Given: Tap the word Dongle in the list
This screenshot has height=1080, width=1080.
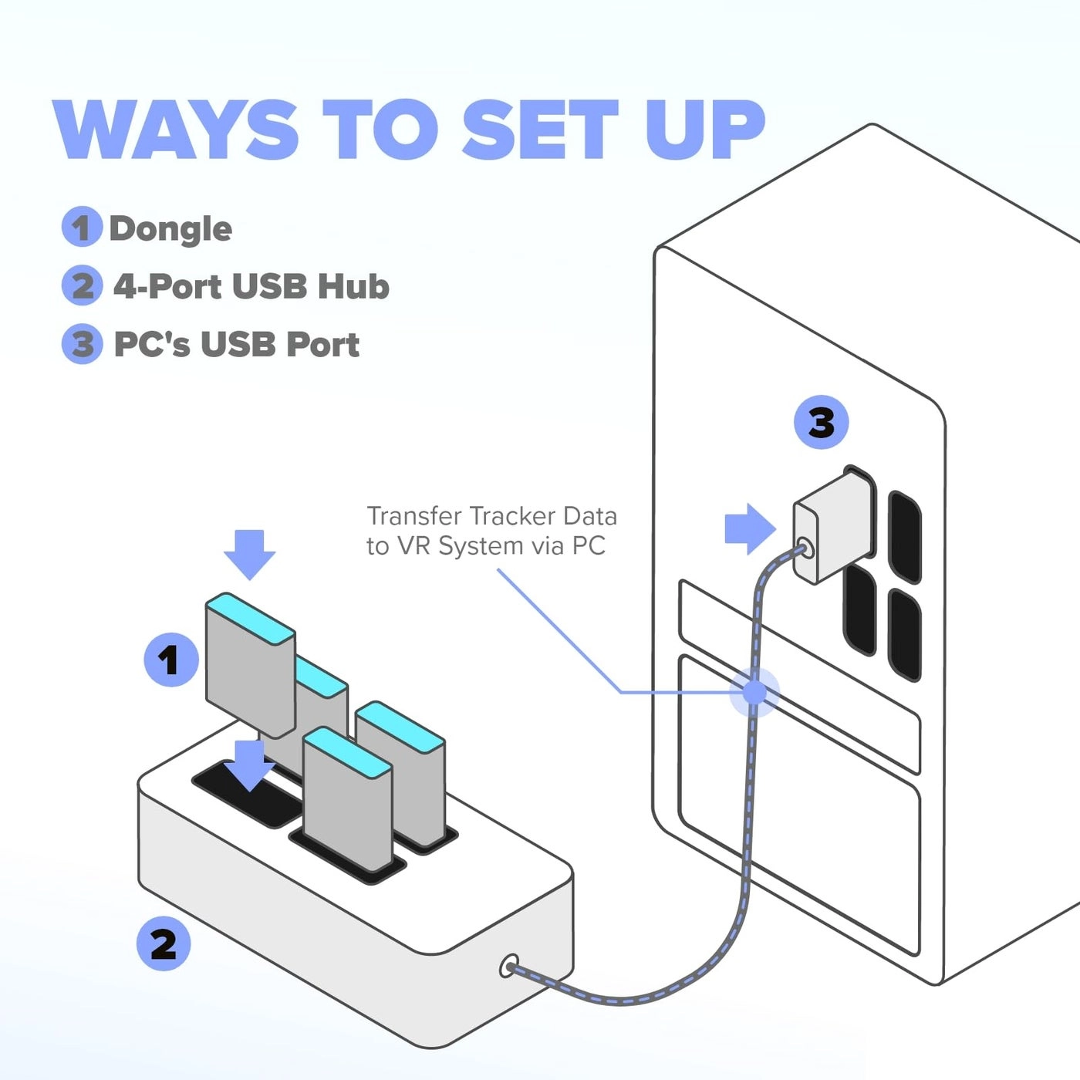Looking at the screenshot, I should tap(170, 228).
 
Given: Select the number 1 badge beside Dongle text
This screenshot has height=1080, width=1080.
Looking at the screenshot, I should tap(81, 228).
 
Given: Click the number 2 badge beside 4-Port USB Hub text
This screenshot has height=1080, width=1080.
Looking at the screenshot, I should tap(81, 285).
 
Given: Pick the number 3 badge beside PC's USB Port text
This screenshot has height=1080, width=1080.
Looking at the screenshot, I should tap(81, 344).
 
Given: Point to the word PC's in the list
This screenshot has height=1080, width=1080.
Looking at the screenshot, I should tap(151, 344).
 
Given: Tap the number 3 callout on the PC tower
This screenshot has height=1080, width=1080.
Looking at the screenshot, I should tap(821, 423).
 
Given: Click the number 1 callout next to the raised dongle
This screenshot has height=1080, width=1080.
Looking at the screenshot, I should tap(170, 660).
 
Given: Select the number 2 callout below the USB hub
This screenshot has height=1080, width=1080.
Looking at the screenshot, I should tap(163, 943).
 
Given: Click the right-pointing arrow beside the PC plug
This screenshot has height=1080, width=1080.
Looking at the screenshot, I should tap(749, 529).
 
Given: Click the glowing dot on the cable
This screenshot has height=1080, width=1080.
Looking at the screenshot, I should tap(754, 692).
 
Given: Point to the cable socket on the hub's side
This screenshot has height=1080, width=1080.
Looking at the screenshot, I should tap(509, 965).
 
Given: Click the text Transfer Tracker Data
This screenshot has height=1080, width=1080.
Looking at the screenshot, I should tap(491, 515).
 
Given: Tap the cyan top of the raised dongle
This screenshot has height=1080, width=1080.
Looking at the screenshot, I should tap(250, 618).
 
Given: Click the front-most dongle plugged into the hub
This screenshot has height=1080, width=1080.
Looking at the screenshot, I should tap(347, 802).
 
